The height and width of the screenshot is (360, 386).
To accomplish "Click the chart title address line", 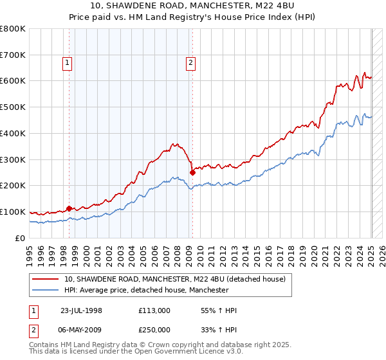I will pos(193,6).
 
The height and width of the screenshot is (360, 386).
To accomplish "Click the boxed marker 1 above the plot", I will pos(68,62).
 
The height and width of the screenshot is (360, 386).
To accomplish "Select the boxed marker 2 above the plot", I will pos(192,62).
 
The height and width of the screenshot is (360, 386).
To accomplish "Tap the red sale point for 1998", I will pos(69,208).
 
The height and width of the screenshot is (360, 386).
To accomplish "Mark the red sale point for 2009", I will pos(192,172).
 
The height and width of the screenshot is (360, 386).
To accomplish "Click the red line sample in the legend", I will pos(46,279).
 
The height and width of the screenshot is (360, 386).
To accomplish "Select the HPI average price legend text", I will pos(146,291).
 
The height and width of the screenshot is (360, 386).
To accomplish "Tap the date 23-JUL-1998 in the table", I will pos(81,310).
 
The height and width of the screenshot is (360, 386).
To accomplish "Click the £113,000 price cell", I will pos(154,310).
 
